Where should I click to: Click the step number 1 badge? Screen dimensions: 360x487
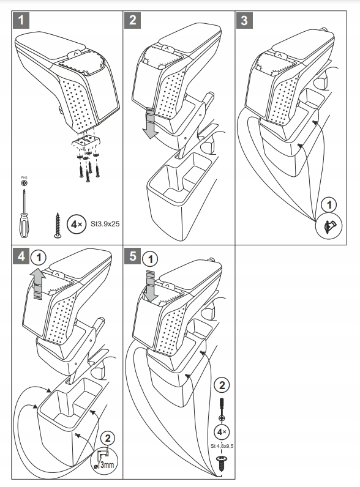[21, 20]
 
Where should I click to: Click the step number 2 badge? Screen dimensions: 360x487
[132, 20]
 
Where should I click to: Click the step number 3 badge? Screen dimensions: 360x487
[244, 20]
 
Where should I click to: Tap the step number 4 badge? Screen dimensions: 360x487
[21, 256]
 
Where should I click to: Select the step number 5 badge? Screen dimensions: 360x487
[132, 256]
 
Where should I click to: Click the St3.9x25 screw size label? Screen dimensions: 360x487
[105, 224]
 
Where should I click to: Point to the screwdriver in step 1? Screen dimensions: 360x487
[24, 214]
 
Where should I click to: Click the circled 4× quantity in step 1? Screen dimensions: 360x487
[77, 224]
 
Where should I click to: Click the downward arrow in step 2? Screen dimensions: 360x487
[151, 123]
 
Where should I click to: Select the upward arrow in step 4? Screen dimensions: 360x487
[38, 284]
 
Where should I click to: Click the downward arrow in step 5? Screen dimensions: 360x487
[151, 286]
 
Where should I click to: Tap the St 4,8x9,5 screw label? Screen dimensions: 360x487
[222, 446]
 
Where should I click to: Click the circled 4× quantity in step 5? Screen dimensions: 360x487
[222, 432]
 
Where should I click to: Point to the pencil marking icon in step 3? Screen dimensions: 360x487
[329, 226]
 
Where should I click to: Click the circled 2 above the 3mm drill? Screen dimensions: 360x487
[108, 438]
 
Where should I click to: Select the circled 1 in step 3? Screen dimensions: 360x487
[329, 205]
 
